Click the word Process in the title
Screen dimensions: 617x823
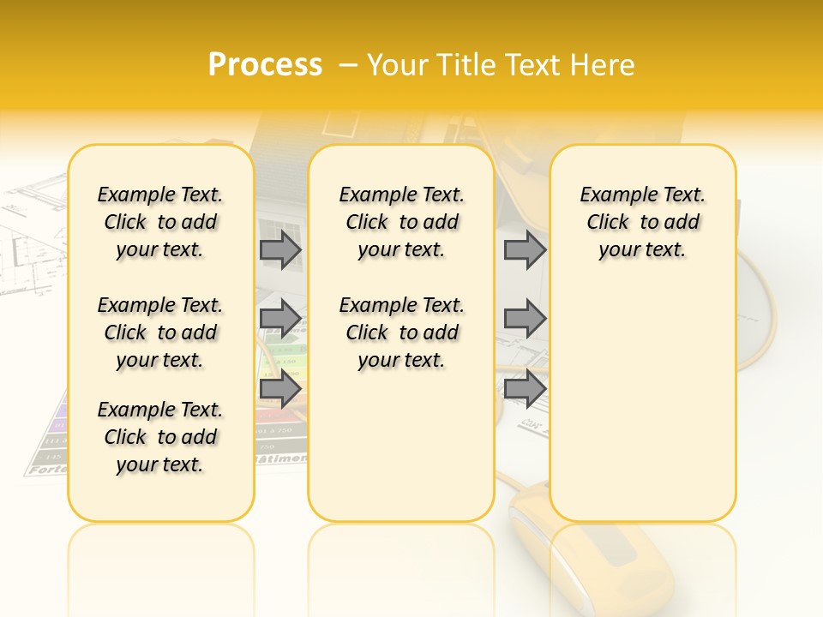[265, 65]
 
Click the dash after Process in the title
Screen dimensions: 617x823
[347, 66]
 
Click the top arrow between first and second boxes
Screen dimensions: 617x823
[280, 250]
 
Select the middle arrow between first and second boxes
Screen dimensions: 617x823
[280, 319]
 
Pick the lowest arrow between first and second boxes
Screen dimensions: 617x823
[280, 388]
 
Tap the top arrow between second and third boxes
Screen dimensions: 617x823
[525, 250]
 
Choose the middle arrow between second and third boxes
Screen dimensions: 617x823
[525, 319]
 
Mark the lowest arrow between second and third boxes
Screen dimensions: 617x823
[525, 388]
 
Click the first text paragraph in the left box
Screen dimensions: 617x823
[160, 222]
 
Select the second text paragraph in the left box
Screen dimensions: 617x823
[160, 332]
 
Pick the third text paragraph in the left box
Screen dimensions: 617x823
[160, 437]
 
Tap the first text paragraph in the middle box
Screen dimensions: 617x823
[401, 222]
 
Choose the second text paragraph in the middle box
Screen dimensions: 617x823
[401, 332]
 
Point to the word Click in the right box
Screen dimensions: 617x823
[608, 223]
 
